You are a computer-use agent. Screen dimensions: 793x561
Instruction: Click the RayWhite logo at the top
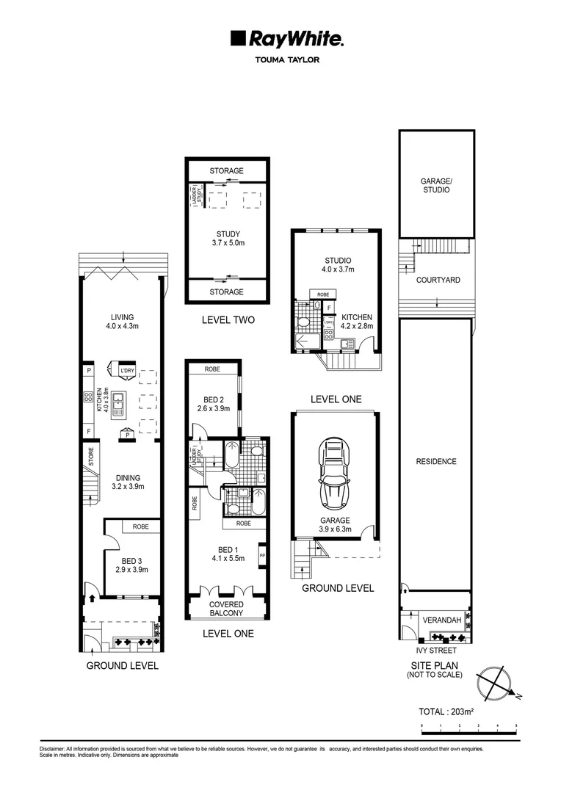[x=287, y=39]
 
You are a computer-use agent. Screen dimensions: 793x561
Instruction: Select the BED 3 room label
[x=132, y=564]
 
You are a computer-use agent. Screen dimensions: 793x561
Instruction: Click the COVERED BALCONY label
[x=226, y=609]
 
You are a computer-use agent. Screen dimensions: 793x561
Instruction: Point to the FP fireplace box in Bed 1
[x=262, y=557]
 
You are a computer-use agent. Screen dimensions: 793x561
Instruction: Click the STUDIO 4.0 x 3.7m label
[x=338, y=264]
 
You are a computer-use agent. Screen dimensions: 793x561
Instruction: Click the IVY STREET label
[x=436, y=651]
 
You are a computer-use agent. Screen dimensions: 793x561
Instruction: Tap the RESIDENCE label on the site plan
[x=436, y=462]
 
